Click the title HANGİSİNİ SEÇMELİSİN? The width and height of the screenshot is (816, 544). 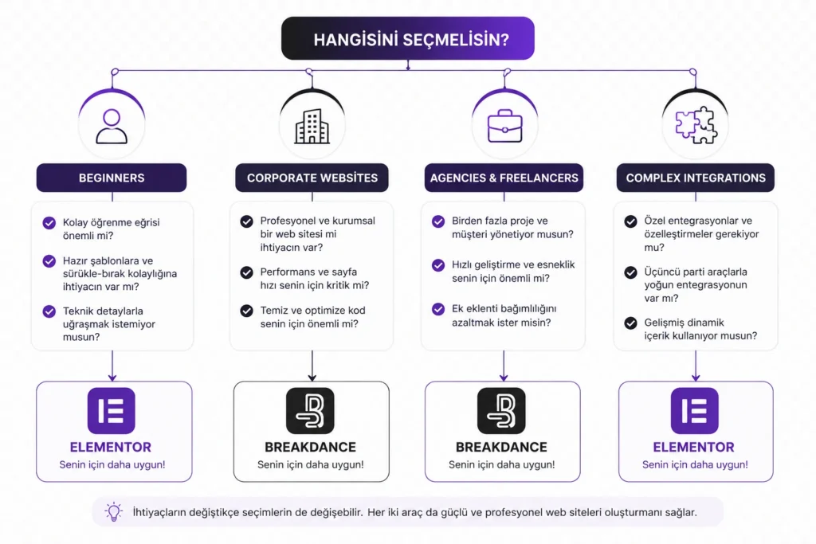411,40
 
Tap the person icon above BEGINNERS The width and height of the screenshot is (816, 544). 112,127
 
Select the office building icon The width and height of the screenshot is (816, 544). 312,127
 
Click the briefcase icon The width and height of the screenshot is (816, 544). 504,126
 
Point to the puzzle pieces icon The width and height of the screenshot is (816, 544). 696,125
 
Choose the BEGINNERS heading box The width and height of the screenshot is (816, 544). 112,178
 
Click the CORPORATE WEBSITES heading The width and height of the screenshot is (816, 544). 312,178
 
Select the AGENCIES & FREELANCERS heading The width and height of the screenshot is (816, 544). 504,178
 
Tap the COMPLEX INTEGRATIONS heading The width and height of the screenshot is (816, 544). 696,178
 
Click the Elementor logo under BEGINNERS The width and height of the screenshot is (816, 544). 112,411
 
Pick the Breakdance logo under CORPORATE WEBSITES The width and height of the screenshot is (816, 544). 310,411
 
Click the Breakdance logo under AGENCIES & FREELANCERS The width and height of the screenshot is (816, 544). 502,411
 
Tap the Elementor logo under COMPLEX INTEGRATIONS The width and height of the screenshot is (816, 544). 695,411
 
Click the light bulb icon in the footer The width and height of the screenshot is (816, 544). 113,512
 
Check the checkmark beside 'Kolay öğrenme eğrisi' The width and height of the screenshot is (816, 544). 49,223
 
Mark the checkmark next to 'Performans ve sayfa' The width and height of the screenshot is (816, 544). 247,272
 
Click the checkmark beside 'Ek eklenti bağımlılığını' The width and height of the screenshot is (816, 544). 438,310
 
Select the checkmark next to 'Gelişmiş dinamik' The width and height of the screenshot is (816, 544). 631,323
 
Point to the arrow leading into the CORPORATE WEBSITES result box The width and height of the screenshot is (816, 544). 312,366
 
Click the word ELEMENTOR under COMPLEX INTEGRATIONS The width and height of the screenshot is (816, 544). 694,448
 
